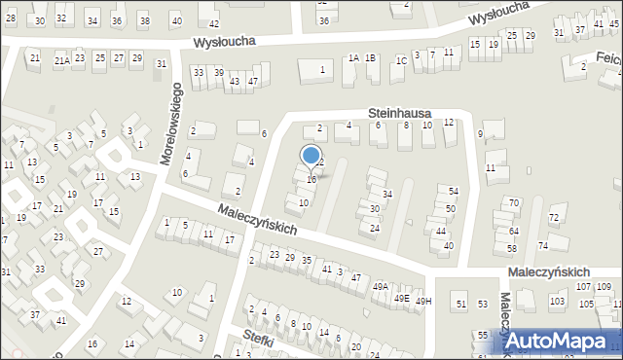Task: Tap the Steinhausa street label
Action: point(399,114)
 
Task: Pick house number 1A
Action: point(353,58)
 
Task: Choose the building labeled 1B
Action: point(371,58)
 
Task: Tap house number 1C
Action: point(401,60)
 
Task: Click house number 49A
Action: point(381,286)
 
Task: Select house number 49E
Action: point(402,299)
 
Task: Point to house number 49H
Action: point(422,302)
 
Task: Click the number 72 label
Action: point(554,218)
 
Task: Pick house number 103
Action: point(557,302)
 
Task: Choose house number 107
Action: point(583,287)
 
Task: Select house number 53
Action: point(483,305)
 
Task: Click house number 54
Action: point(453,191)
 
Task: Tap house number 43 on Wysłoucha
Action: point(234,81)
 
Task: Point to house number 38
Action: point(145,20)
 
